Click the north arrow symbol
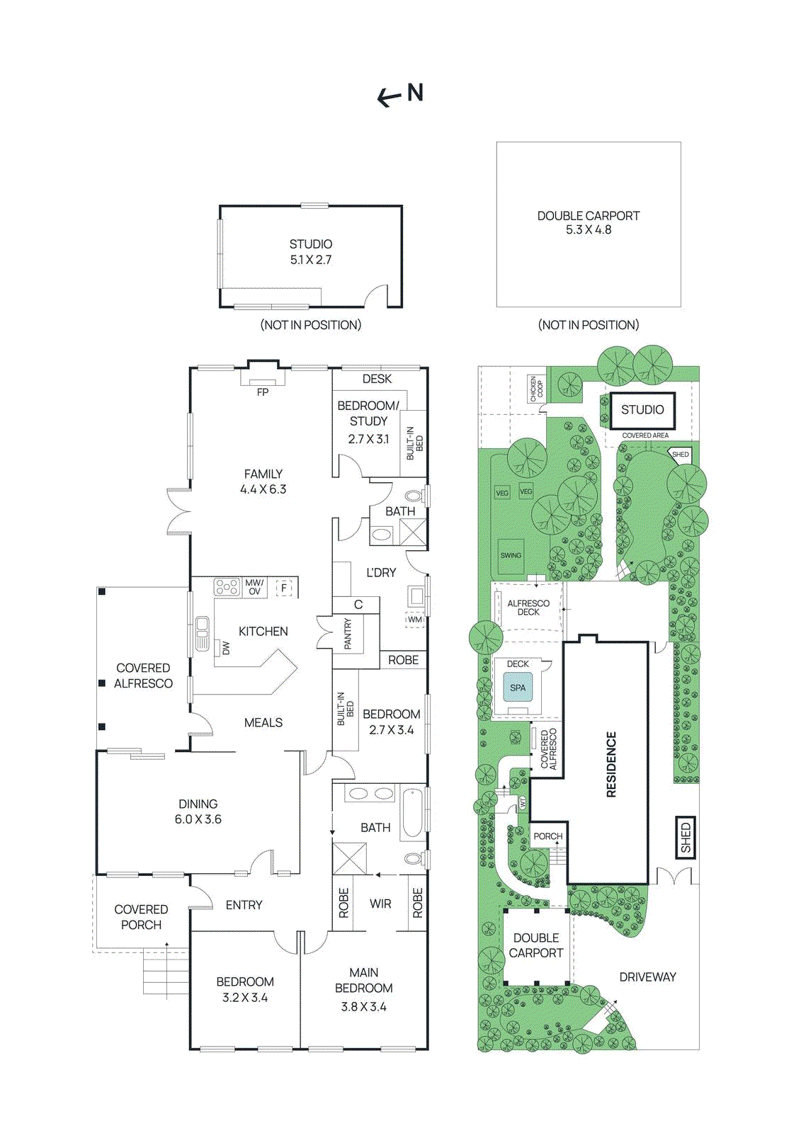click(x=400, y=94)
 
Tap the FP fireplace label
click(x=263, y=392)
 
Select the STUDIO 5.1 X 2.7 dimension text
click(x=310, y=260)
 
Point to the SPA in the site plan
click(x=518, y=688)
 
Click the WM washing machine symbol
click(x=415, y=620)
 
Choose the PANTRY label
click(x=348, y=634)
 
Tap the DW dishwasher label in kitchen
click(x=226, y=647)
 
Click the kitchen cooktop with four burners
click(x=227, y=587)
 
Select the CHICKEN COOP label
click(x=537, y=389)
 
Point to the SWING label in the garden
click(x=511, y=556)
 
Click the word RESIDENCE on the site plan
click(x=612, y=764)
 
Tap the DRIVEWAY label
click(x=647, y=977)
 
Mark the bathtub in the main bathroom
click(x=412, y=812)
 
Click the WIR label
click(x=380, y=904)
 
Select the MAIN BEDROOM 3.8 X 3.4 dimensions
click(x=363, y=1006)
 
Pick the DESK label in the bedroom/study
click(x=377, y=379)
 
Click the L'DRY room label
click(x=381, y=572)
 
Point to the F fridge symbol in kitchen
click(x=284, y=588)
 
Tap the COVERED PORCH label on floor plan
click(x=141, y=917)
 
